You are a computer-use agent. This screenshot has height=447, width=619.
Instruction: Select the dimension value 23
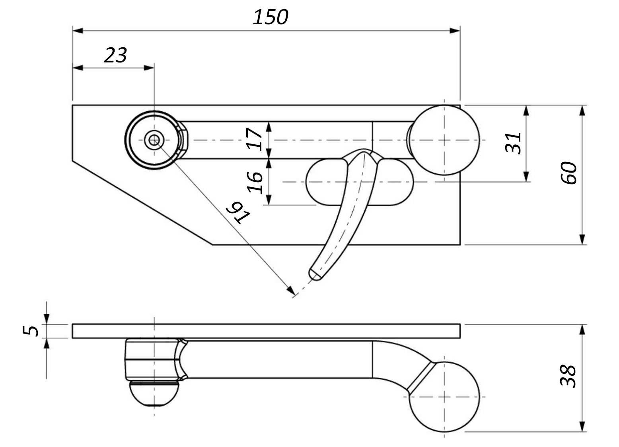coord(115,56)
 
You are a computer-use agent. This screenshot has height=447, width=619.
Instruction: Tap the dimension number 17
coord(255,139)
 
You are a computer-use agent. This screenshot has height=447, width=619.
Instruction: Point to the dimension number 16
coord(255,182)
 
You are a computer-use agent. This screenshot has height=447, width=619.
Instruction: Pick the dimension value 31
coord(513,142)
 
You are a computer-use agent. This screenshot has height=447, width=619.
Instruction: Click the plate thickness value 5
coord(31,330)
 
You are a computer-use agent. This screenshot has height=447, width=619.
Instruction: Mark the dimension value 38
coord(568,376)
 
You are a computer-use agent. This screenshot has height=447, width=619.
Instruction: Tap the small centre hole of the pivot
coord(154,140)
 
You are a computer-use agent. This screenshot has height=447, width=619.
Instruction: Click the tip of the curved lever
coord(314,275)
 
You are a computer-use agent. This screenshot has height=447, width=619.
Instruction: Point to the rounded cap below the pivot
coord(154,394)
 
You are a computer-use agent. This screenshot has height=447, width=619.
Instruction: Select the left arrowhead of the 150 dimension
coord(77,31)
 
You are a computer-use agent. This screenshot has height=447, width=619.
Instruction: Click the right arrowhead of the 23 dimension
coord(149,68)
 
